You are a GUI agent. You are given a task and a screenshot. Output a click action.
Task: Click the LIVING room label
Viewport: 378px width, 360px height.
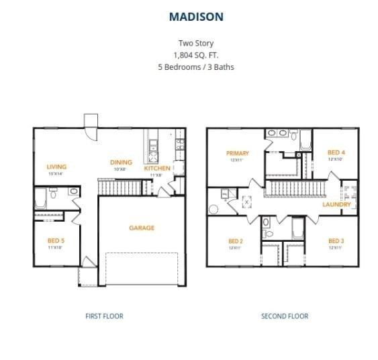tap(56, 167)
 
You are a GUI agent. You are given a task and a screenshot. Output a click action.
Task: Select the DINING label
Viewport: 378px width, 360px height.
tap(121, 162)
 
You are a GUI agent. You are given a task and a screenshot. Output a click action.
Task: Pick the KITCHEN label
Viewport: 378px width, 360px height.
tap(158, 169)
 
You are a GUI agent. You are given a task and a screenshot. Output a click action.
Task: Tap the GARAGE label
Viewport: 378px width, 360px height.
tap(142, 228)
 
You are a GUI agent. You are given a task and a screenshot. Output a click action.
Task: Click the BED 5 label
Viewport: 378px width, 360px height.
tap(55, 240)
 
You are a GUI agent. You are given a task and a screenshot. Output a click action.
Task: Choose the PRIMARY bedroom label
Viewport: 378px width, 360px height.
tap(238, 154)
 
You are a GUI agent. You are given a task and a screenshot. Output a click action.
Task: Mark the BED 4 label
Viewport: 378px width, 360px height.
tap(336, 152)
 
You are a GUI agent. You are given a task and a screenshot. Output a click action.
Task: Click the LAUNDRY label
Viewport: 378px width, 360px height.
tap(336, 204)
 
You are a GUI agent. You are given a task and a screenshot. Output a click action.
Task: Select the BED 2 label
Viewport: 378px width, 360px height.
tap(235, 241)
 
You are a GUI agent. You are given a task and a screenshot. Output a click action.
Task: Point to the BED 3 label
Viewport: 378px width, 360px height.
tap(336, 241)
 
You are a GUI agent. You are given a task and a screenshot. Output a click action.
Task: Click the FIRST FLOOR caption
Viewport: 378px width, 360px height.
tap(104, 316)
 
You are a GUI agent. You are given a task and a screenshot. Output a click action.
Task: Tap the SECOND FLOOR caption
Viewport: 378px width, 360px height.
tap(285, 316)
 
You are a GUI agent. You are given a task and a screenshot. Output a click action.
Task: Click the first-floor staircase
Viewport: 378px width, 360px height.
tap(119, 187)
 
